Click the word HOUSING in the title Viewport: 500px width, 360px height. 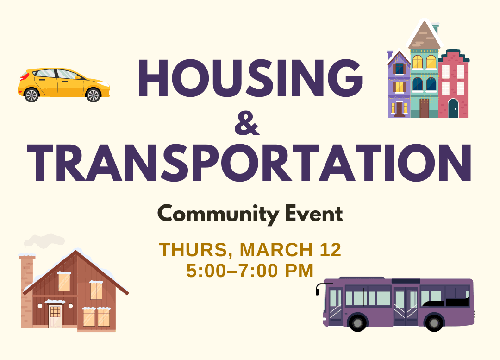click(x=250, y=78)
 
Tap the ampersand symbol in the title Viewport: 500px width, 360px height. click(x=246, y=124)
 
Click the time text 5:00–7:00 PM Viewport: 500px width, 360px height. click(x=250, y=271)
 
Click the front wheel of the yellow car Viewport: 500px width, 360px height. click(x=93, y=95)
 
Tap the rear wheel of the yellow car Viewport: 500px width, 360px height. click(x=31, y=95)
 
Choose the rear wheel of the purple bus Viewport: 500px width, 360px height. click(x=434, y=322)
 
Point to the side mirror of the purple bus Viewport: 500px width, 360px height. click(x=318, y=289)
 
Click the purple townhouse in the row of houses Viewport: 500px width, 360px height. click(x=399, y=86)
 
